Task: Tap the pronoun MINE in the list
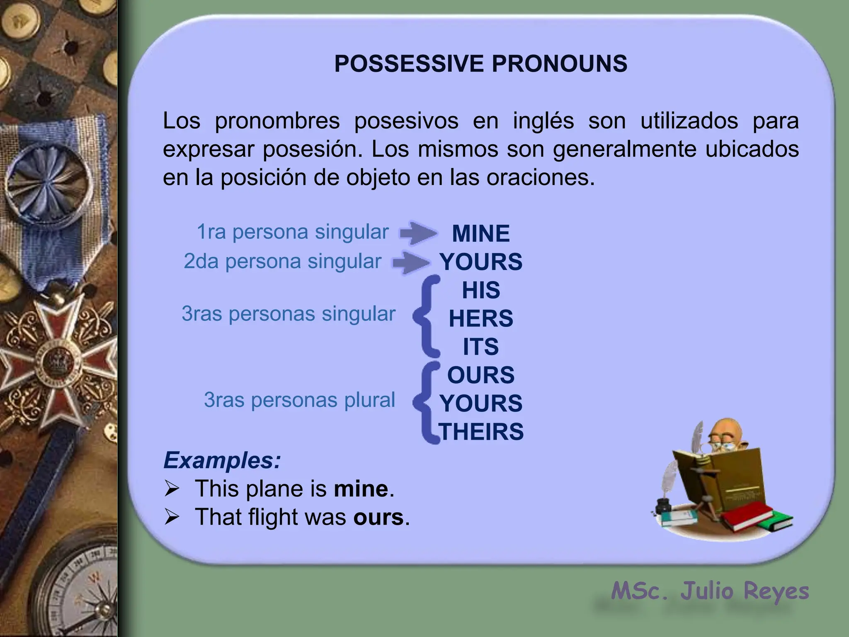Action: pos(480,233)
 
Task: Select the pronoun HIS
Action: pos(481,290)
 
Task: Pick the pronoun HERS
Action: pos(481,318)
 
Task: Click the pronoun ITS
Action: pos(481,347)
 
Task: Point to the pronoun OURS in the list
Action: pos(481,375)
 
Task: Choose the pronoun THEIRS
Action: pos(481,432)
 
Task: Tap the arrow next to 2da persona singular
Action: pos(411,263)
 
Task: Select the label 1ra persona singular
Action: pos(292,232)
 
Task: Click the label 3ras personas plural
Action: pos(299,400)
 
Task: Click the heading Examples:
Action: pos(222,460)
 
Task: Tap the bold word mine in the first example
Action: pos(361,489)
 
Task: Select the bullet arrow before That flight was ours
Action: pos(172,517)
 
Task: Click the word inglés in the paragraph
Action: pos(543,121)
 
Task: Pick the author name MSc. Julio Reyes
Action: pos(710,591)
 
